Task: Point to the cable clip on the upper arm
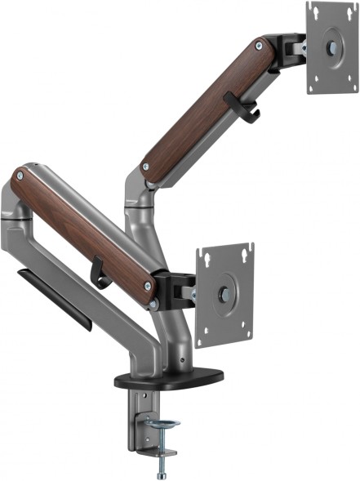click(242, 109)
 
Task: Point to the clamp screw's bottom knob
click(162, 471)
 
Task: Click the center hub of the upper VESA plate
click(332, 47)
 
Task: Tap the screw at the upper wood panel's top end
click(260, 46)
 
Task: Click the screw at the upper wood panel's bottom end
click(145, 167)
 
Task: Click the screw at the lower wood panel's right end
click(149, 287)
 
